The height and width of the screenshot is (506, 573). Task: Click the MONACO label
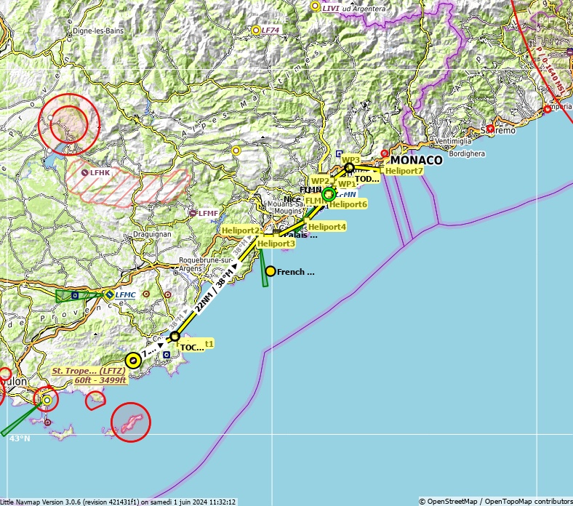(x=416, y=161)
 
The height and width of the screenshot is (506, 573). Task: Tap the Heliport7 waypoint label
(x=404, y=171)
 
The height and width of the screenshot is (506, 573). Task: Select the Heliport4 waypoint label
(x=326, y=227)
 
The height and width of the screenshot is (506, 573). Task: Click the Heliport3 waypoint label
(x=276, y=244)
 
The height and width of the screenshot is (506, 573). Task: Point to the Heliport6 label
(x=348, y=204)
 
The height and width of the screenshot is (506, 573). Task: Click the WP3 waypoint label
(x=350, y=159)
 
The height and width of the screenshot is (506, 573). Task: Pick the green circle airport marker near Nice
(x=329, y=194)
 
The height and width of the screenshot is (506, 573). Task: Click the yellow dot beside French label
(x=271, y=271)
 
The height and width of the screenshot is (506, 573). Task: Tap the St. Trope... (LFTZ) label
(x=88, y=371)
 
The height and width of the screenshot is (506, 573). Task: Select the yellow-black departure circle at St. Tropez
(x=133, y=360)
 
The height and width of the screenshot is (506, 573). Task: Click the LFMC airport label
(x=125, y=294)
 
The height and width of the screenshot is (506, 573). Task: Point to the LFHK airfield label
(x=100, y=172)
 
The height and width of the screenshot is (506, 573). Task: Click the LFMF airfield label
(x=208, y=213)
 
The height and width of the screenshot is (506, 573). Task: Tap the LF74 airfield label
(x=271, y=30)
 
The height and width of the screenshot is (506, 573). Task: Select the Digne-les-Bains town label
(x=99, y=31)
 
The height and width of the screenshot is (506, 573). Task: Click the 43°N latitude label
(x=20, y=438)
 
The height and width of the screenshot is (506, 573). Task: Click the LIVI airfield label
(x=331, y=8)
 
